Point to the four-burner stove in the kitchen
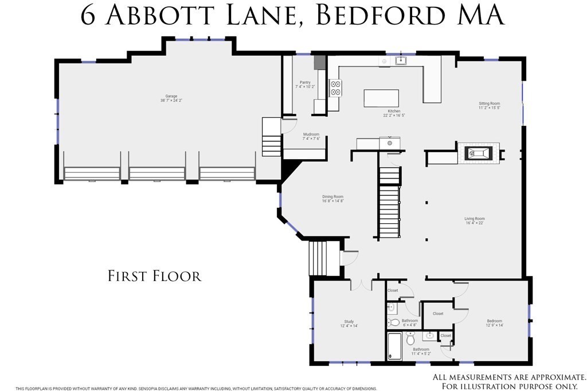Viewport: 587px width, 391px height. tap(335, 88)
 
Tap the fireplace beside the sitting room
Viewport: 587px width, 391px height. tap(478, 153)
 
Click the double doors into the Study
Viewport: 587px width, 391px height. tap(360, 285)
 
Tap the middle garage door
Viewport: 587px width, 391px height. tap(157, 173)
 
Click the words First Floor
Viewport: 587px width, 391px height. tap(155, 276)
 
